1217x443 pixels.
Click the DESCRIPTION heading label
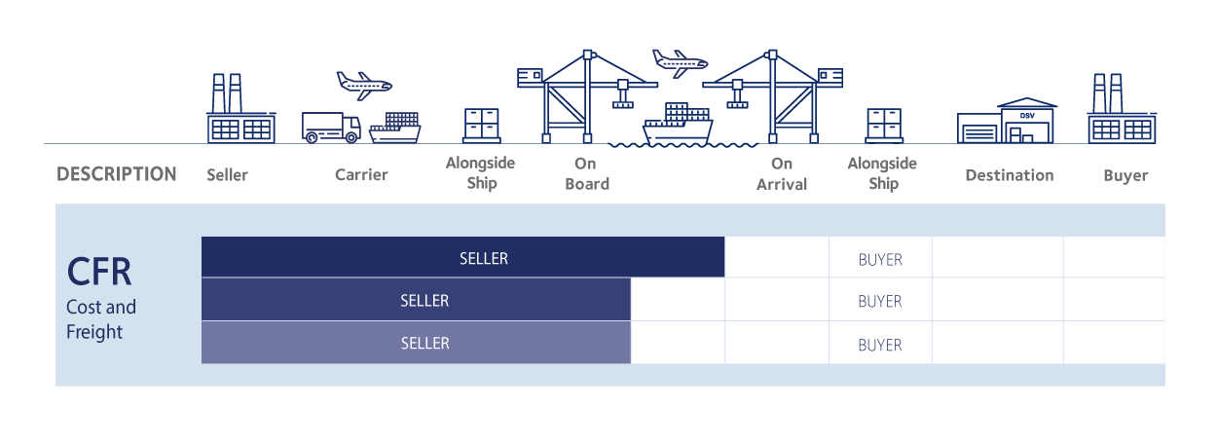(x=117, y=175)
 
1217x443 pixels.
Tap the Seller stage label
(x=227, y=176)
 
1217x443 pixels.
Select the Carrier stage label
(x=361, y=175)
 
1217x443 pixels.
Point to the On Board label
(x=586, y=174)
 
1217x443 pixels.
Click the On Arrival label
(x=782, y=174)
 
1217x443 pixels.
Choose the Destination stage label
(x=1009, y=176)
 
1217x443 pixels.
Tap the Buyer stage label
(x=1125, y=176)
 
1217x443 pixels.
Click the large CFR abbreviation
(x=98, y=273)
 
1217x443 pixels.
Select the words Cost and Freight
(x=100, y=319)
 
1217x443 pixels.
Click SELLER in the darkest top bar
(x=484, y=259)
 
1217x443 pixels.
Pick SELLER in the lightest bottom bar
(x=424, y=344)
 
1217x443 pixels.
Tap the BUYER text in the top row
(x=880, y=260)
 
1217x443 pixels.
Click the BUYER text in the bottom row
(x=880, y=345)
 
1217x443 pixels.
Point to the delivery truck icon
(x=330, y=128)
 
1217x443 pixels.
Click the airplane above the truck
(x=363, y=82)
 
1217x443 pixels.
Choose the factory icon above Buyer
(x=1122, y=110)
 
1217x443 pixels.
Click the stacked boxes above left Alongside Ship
(x=481, y=126)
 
